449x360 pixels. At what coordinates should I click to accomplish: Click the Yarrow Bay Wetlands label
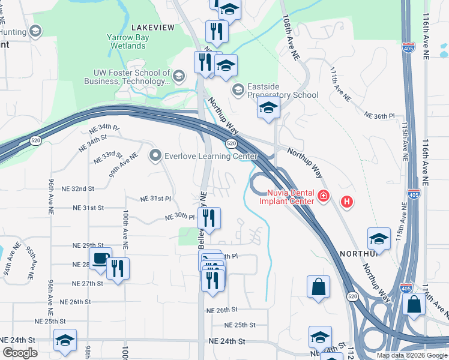pyautogui.click(x=126, y=41)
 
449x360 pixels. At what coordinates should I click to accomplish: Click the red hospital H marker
pyautogui.click(x=347, y=202)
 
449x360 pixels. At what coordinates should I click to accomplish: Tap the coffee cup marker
pyautogui.click(x=100, y=259)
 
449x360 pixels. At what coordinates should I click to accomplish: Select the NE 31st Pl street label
pyautogui.click(x=156, y=199)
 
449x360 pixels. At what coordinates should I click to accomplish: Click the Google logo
pyautogui.click(x=20, y=353)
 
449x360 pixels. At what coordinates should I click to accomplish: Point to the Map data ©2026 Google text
pyautogui.click(x=412, y=355)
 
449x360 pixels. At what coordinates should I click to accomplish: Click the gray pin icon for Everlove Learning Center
pyautogui.click(x=155, y=157)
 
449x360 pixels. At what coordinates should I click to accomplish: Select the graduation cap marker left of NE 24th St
pyautogui.click(x=65, y=340)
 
